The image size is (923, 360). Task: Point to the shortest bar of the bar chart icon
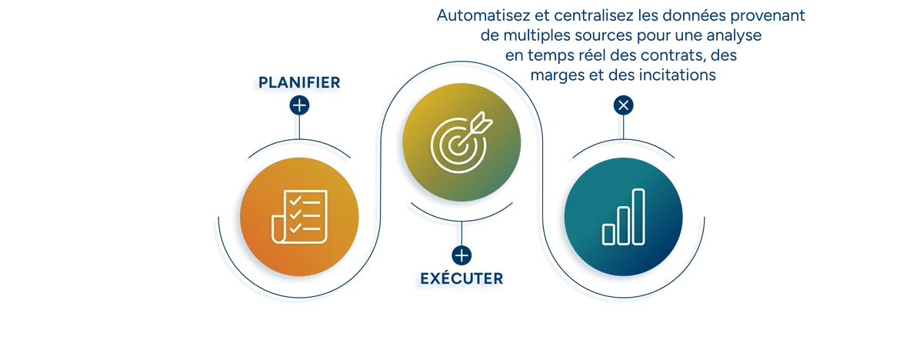click(608, 232)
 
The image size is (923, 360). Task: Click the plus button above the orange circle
click(299, 105)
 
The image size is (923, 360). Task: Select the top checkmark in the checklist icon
click(295, 202)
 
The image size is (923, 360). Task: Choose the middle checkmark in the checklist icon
click(295, 215)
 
